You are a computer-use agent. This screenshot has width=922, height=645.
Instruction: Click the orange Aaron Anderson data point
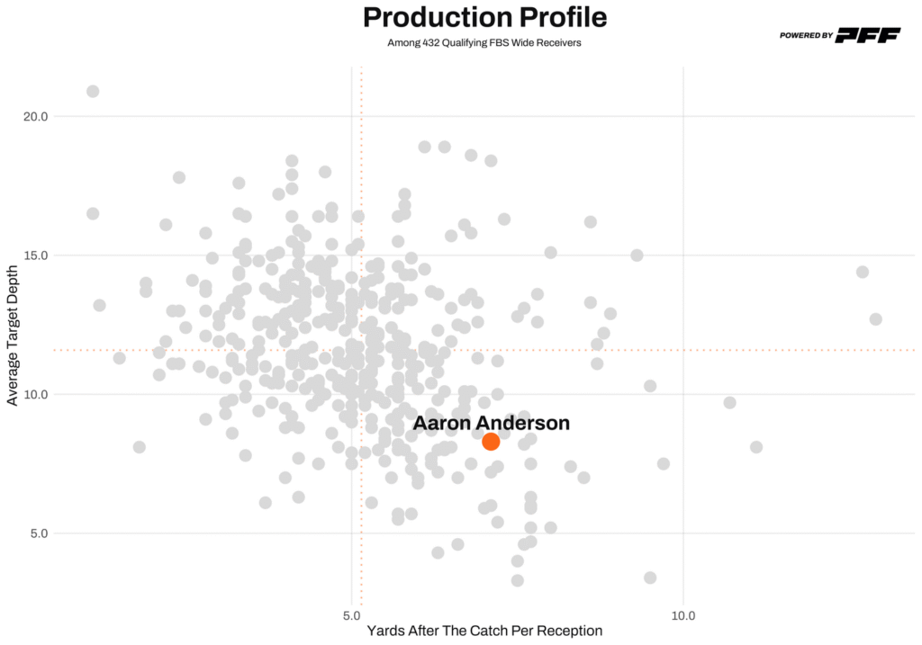click(x=491, y=441)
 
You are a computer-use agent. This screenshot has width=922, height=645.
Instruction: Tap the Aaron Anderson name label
click(x=491, y=422)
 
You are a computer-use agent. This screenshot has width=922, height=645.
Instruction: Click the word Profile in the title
click(x=562, y=17)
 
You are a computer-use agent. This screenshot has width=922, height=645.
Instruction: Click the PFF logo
click(x=868, y=35)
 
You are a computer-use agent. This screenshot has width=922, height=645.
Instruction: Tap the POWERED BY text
click(x=806, y=36)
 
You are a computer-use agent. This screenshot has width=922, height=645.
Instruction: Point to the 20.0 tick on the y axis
click(x=33, y=116)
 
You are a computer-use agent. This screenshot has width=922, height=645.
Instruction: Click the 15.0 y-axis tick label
click(x=33, y=255)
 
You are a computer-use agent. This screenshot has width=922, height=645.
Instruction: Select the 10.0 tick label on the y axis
click(x=33, y=394)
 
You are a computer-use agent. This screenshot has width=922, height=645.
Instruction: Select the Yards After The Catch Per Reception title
click(x=484, y=632)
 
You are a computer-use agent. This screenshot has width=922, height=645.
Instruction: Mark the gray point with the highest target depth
click(x=93, y=91)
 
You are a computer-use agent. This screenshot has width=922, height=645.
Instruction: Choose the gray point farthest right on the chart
click(x=875, y=319)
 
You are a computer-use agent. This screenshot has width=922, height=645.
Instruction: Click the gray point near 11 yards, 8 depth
click(x=756, y=447)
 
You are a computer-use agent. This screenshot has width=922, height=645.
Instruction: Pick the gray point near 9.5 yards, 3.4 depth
click(x=650, y=578)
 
